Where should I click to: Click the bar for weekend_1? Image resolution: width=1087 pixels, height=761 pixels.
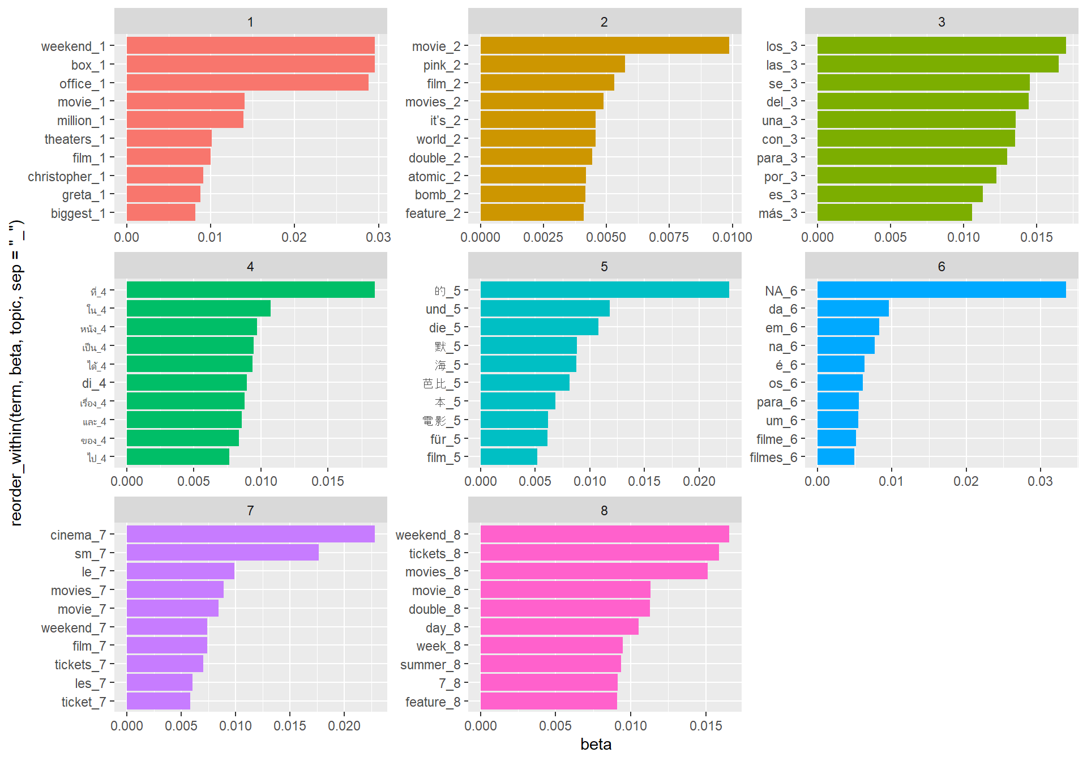[x=250, y=46]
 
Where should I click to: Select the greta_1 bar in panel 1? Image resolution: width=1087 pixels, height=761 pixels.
[x=164, y=194]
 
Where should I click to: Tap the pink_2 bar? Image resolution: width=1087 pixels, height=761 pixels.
[x=553, y=65]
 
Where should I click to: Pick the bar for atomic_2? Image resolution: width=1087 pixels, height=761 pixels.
[x=533, y=176]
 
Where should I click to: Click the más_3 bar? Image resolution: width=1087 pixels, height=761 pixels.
[x=895, y=213]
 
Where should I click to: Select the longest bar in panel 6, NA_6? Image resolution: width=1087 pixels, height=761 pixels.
[x=942, y=290]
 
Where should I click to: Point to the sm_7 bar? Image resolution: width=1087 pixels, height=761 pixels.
[x=222, y=553]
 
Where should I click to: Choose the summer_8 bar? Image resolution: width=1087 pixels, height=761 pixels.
[x=550, y=664]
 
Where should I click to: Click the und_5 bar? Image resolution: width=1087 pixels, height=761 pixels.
[x=545, y=309]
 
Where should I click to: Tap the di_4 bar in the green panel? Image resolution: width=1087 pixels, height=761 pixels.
[x=187, y=383]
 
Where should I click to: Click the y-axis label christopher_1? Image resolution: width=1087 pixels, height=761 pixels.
[x=67, y=177]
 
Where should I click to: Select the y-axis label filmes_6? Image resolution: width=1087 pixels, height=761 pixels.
[x=773, y=458]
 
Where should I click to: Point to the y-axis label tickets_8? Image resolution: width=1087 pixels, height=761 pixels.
[x=435, y=553]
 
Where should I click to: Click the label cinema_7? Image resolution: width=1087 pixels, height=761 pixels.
[x=78, y=535]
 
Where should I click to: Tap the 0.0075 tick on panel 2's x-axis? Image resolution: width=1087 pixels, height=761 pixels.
[x=669, y=237]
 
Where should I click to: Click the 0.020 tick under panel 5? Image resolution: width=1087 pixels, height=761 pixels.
[x=699, y=481]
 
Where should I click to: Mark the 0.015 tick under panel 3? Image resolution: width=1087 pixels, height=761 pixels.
[x=1036, y=237]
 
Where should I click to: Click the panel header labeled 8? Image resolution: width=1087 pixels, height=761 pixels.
[x=604, y=510]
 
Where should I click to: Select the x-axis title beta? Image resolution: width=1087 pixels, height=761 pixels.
[x=596, y=744]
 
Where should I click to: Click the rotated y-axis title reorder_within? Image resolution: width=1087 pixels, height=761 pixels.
[x=17, y=374]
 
